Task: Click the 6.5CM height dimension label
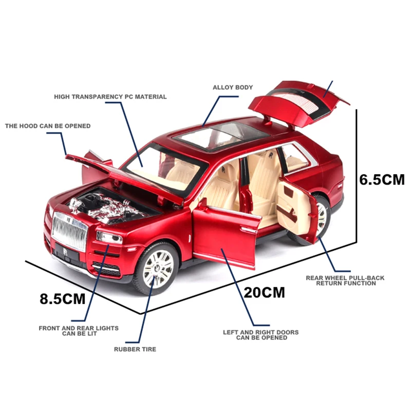click(382, 180)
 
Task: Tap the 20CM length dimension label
click(264, 292)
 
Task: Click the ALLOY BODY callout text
click(233, 87)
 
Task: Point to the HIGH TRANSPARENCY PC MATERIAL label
click(110, 97)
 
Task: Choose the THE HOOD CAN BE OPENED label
click(47, 126)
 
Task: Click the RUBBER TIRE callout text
click(135, 349)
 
